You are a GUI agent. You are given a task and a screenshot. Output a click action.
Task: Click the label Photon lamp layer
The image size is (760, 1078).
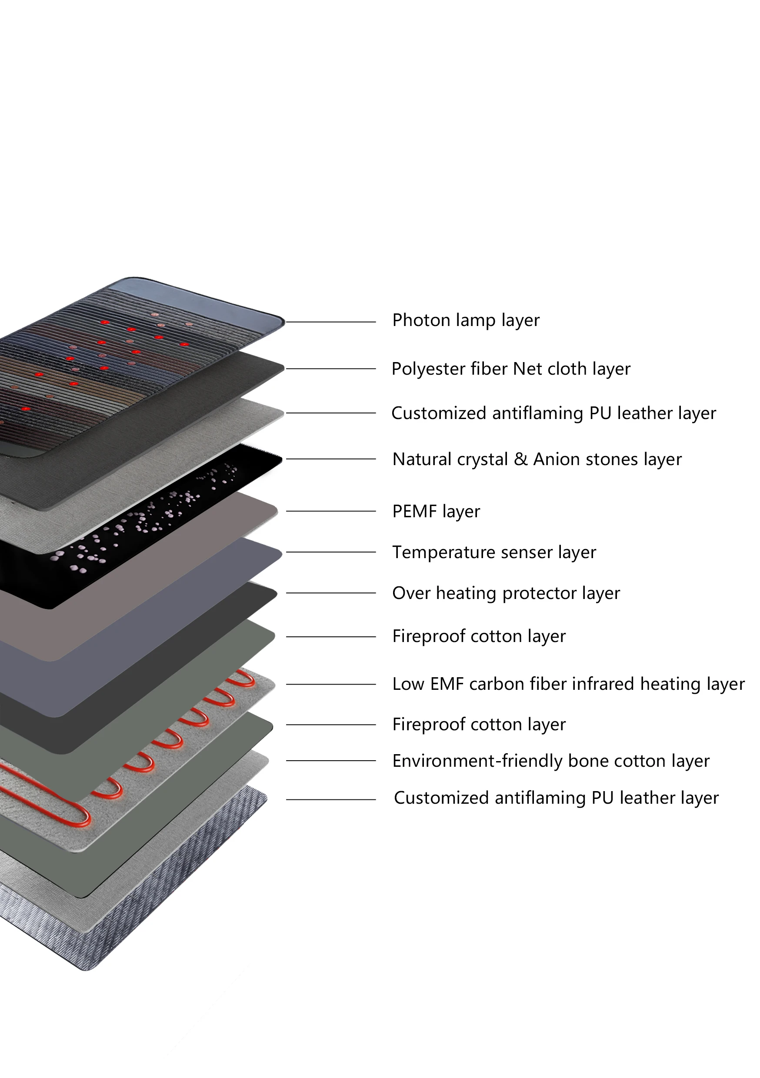(x=466, y=321)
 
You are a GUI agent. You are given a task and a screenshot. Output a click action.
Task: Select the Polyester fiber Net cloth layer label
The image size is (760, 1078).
(x=510, y=369)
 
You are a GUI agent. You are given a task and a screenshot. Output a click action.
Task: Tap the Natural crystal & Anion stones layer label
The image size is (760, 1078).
(x=537, y=459)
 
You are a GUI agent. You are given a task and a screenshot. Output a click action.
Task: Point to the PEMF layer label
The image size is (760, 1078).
(x=436, y=511)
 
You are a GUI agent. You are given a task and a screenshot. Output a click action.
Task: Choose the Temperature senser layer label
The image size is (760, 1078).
(x=493, y=552)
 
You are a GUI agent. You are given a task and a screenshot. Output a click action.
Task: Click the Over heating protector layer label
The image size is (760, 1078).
(x=506, y=593)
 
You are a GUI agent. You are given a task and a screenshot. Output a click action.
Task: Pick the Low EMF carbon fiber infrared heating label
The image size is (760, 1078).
(x=568, y=684)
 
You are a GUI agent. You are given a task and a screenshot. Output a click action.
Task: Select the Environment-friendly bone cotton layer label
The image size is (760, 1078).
(x=550, y=761)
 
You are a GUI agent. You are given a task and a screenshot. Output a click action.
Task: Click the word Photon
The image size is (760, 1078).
(x=421, y=320)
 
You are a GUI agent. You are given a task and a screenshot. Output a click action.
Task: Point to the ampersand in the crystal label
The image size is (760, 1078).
(x=520, y=459)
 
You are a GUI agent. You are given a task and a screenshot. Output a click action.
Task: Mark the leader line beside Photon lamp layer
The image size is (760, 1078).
(x=331, y=322)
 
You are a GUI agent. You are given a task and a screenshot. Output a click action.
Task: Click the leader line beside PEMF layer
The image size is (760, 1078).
(x=331, y=511)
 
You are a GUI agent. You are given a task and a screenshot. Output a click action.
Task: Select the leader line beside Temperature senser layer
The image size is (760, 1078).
(x=331, y=552)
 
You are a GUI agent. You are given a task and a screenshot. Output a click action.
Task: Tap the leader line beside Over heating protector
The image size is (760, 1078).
(x=331, y=593)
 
